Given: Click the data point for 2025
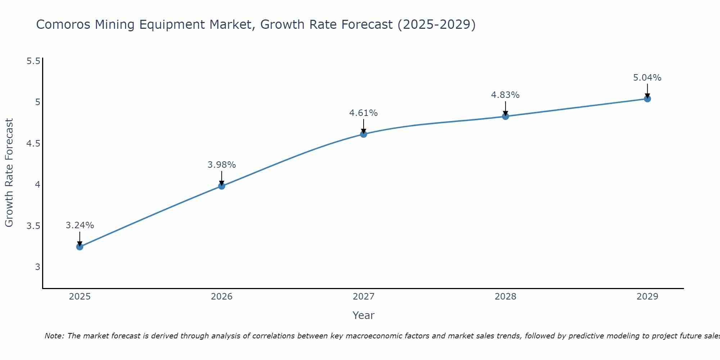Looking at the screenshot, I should [x=80, y=247].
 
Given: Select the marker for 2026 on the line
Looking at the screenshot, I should [x=222, y=186].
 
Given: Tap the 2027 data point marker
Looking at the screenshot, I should [x=364, y=134].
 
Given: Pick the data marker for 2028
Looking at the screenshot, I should [x=505, y=116].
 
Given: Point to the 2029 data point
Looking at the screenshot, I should [x=647, y=99].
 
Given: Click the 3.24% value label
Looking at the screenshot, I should [x=80, y=225].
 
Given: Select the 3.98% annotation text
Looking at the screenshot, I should [x=222, y=165].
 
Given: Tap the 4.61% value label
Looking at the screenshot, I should [x=364, y=113].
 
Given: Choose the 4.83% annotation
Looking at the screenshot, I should [x=505, y=95].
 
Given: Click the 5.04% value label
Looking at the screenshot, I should [x=647, y=78].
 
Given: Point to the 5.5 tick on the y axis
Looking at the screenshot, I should [x=33, y=61].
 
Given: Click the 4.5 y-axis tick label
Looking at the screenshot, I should [x=33, y=144].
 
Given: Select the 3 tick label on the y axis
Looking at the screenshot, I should [x=37, y=267].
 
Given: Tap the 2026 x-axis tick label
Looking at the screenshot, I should [x=222, y=297].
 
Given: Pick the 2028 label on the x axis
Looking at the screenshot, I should [x=505, y=297].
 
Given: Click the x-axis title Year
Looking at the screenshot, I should [x=364, y=315].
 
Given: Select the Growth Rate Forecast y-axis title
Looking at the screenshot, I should [x=9, y=173].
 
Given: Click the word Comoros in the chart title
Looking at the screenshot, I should [x=64, y=24].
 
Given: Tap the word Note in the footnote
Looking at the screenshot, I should [x=54, y=336].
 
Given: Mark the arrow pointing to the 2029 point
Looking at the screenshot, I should [x=647, y=90].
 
